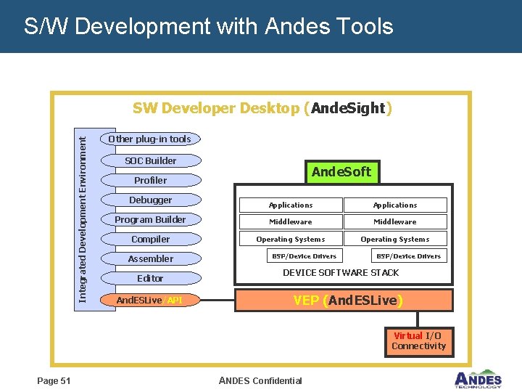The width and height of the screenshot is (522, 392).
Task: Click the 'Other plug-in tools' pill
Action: [x=149, y=139]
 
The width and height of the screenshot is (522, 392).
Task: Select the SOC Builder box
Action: [x=150, y=160]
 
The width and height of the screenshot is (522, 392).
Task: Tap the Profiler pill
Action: [x=150, y=180]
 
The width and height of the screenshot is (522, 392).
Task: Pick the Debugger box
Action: [x=150, y=200]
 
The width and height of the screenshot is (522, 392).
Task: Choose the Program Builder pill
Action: [x=150, y=219]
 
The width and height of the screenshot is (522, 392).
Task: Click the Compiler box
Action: [x=150, y=239]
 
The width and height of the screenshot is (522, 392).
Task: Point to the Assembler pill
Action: [x=150, y=258]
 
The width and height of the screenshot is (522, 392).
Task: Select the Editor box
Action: [x=150, y=278]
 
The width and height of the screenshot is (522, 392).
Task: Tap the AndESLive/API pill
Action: [x=150, y=300]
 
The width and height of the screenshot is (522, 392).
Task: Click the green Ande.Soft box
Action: [x=341, y=172]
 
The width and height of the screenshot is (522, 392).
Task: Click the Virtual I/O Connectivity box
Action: [x=418, y=341]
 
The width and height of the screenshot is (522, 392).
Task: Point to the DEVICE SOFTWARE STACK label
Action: [x=341, y=272]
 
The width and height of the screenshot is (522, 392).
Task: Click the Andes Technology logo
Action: [x=477, y=379]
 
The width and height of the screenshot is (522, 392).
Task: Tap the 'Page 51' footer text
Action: [x=54, y=380]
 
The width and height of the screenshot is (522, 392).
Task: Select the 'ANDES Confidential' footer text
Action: [x=260, y=380]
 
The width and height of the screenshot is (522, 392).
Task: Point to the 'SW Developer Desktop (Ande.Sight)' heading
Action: [x=262, y=108]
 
